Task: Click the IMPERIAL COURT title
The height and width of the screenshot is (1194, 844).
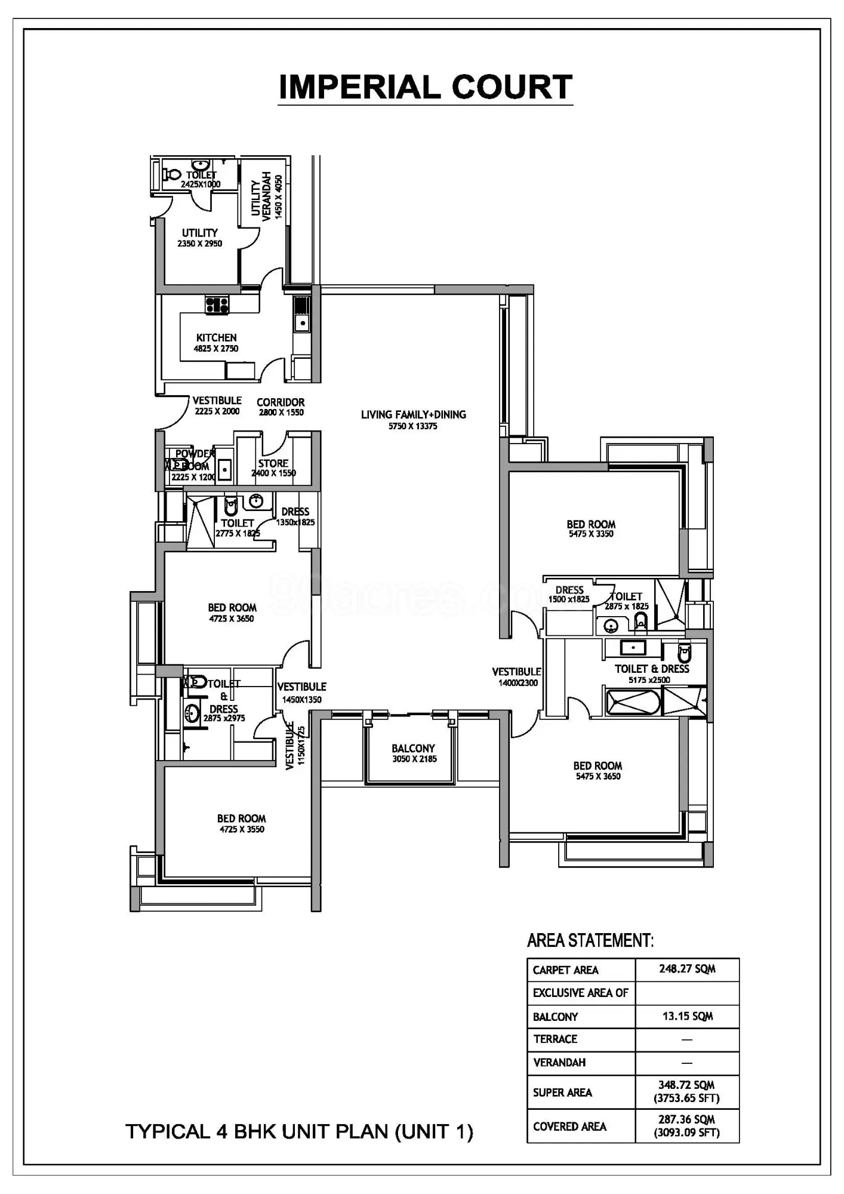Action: [x=425, y=87]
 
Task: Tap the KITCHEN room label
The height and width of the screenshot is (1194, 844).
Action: [x=216, y=338]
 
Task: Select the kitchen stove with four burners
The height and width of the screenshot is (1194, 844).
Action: [x=217, y=305]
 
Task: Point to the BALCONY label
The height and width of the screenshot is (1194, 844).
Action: [x=413, y=748]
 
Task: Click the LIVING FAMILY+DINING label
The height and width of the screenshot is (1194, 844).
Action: [x=413, y=414]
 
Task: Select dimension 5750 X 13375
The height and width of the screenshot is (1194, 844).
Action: [x=413, y=426]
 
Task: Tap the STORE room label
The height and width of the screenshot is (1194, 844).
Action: [x=273, y=463]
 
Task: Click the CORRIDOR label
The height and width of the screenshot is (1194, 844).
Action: [x=281, y=402]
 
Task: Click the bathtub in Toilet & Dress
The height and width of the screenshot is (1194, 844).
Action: [x=633, y=702]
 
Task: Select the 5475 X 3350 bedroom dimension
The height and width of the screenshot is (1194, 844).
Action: [x=591, y=534]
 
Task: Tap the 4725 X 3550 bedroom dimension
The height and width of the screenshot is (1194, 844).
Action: [x=241, y=829]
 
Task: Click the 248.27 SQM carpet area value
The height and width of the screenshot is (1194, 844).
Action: [x=687, y=969]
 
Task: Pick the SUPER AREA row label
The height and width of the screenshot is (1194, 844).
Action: [x=562, y=1093]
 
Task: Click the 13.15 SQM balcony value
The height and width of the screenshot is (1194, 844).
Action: [x=687, y=1016]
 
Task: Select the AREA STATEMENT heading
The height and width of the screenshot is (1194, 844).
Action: [x=590, y=940]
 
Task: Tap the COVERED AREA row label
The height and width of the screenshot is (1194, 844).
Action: [x=569, y=1127]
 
